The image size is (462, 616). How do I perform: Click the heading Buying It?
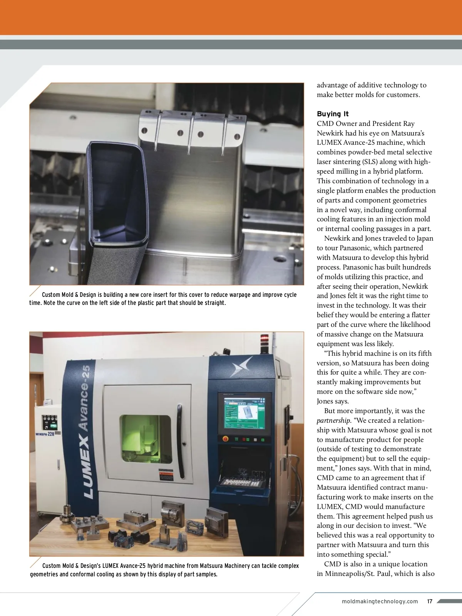click(333, 114)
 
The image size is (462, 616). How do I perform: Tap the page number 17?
click(430, 601)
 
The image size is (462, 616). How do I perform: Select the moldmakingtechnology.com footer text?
click(380, 601)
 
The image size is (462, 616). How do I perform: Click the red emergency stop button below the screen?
click(225, 439)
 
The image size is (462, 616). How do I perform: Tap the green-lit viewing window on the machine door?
click(146, 439)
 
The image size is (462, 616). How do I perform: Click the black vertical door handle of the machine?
click(179, 441)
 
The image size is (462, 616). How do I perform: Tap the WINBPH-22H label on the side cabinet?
click(45, 434)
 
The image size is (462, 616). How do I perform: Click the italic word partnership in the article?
click(333, 420)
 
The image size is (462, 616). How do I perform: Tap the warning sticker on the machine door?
click(166, 475)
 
